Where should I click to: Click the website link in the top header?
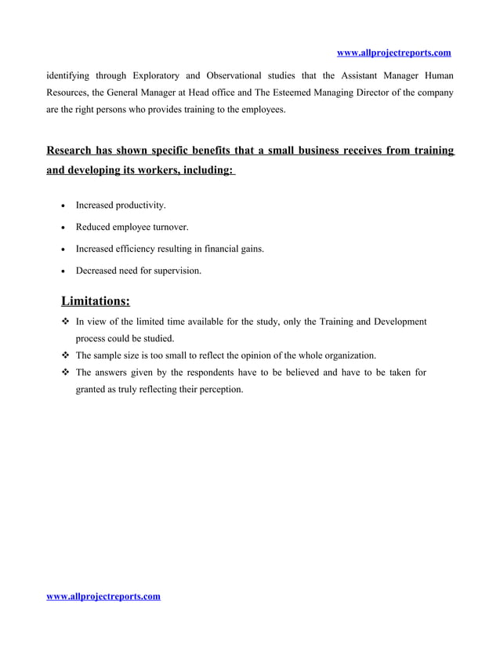point(393,53)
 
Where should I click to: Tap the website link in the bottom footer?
point(103,596)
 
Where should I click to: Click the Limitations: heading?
point(96,301)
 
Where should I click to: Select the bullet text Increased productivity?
point(121,205)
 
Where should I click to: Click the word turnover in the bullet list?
point(168,227)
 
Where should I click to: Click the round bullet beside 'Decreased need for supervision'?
point(63,271)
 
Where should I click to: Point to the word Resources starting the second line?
point(67,93)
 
